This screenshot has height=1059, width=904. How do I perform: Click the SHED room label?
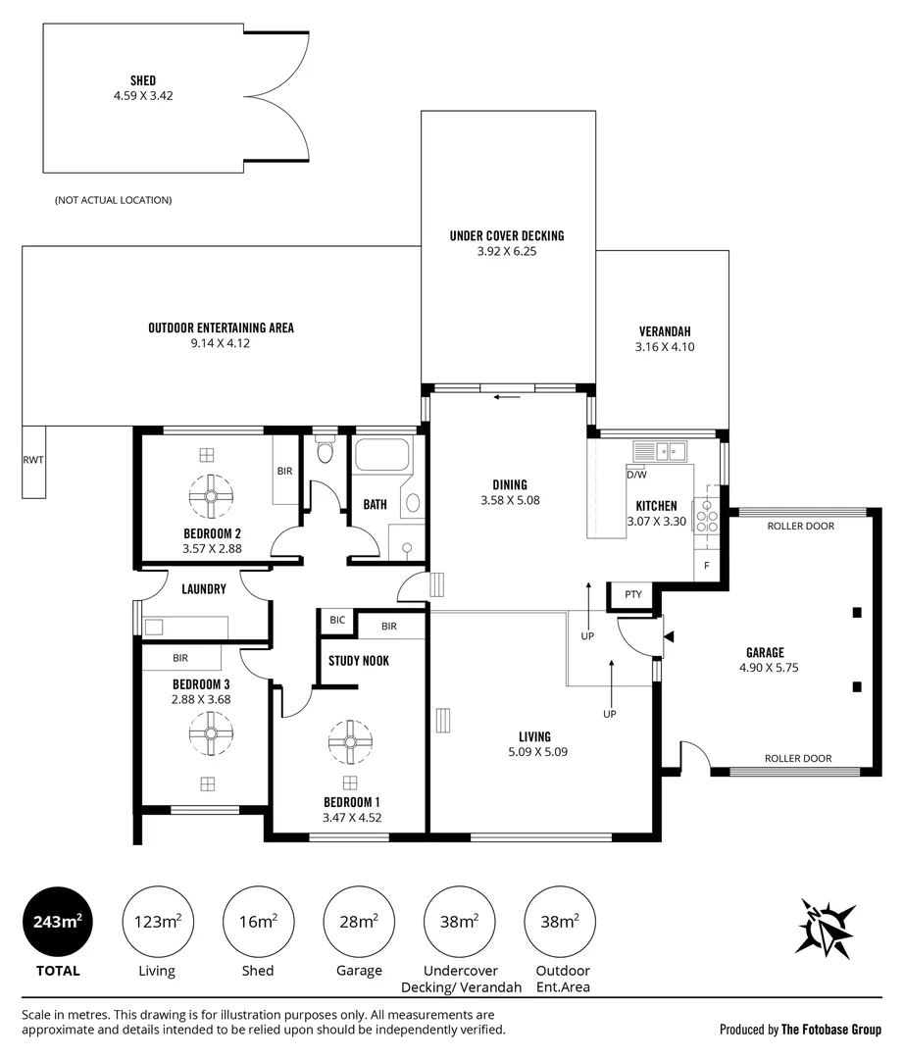click(143, 80)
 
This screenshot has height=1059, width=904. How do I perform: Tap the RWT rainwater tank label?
click(33, 460)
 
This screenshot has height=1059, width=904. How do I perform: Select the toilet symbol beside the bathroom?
click(326, 451)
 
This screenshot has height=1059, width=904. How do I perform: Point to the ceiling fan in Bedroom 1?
click(350, 742)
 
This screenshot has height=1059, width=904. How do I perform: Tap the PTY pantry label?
click(633, 594)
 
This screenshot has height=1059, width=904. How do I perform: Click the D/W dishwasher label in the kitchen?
click(636, 475)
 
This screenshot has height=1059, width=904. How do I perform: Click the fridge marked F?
click(707, 566)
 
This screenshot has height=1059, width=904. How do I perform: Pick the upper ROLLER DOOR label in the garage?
click(801, 527)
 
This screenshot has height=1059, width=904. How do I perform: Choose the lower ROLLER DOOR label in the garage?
click(798, 758)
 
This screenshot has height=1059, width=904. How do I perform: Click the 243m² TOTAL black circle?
click(58, 922)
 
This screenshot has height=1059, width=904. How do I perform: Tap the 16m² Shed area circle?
click(258, 922)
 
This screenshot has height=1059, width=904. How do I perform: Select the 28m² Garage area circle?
click(359, 922)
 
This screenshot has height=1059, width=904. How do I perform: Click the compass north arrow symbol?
click(825, 927)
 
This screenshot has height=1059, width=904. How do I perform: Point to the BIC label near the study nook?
click(337, 620)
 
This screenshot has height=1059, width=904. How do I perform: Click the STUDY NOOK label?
click(359, 661)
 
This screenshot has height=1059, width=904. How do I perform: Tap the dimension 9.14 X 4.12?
click(220, 343)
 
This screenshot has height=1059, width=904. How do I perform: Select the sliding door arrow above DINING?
click(507, 397)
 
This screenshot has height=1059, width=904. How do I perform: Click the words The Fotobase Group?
click(831, 1030)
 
